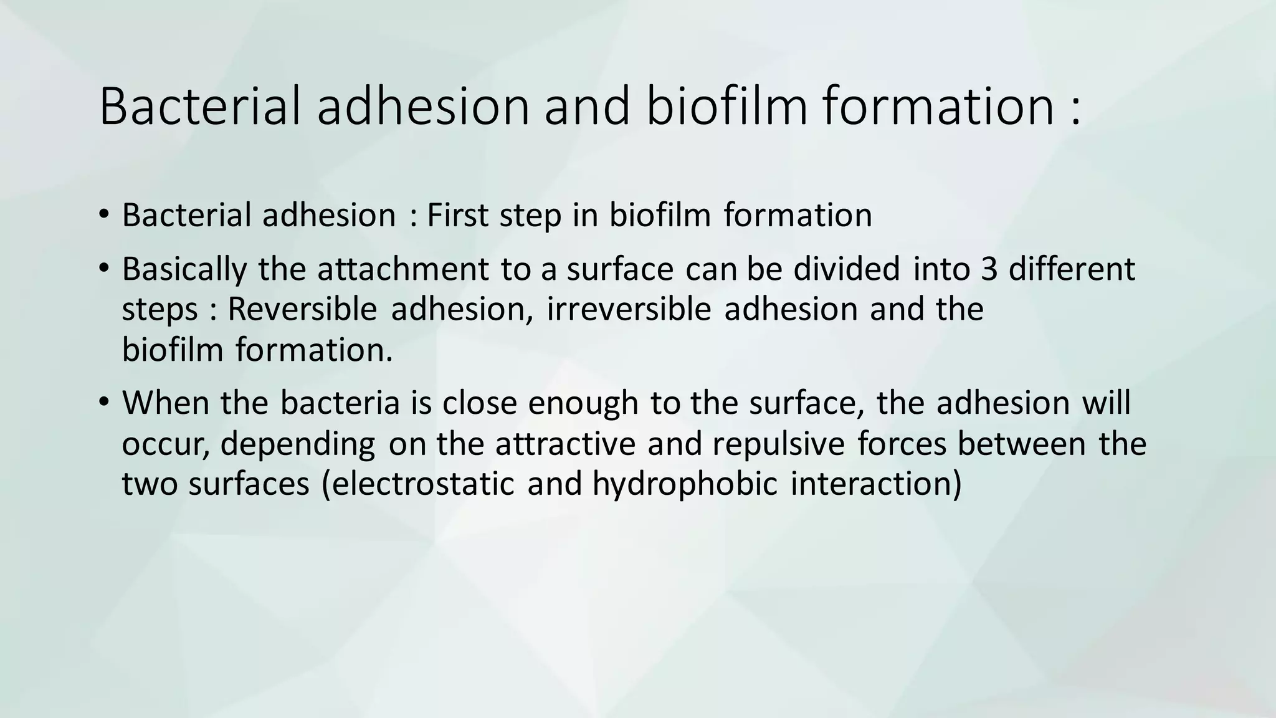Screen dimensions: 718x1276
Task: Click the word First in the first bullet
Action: pos(458,216)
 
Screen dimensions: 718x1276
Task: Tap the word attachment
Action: pos(403,269)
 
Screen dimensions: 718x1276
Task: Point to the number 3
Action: pos(989,269)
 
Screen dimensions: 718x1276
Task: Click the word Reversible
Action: pos(302,310)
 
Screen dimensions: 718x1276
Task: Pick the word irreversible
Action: pos(629,310)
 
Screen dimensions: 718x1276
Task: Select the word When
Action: pos(164,403)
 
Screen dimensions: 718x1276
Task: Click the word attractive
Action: pos(566,444)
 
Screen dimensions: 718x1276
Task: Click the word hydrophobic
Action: pos(685,484)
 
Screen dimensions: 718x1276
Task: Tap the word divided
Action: pos(847,269)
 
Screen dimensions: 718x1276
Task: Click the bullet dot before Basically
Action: pos(103,269)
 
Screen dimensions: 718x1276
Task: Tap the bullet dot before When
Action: pos(103,402)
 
